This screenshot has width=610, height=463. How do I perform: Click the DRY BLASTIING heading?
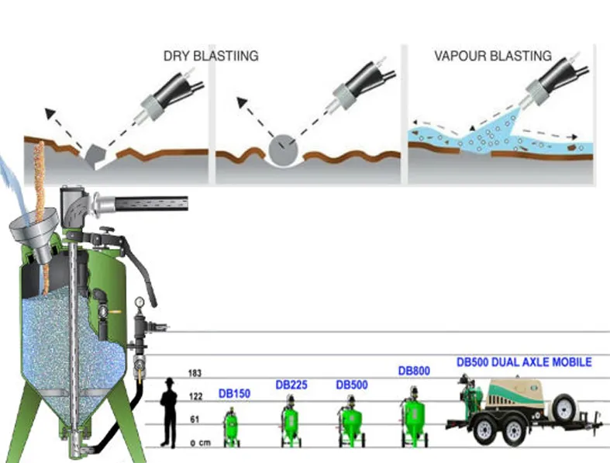pyautogui.click(x=210, y=56)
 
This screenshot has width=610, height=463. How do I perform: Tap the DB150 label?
pyautogui.click(x=234, y=394)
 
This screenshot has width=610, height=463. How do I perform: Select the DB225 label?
pyautogui.click(x=292, y=385)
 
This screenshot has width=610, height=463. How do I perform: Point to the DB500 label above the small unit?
pyautogui.click(x=352, y=385)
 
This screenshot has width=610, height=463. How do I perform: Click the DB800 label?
pyautogui.click(x=414, y=371)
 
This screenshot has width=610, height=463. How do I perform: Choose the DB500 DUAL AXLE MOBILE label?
pyautogui.click(x=524, y=362)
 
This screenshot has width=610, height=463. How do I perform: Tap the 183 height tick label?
pyautogui.click(x=195, y=374)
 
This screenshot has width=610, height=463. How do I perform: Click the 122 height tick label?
pyautogui.click(x=195, y=397)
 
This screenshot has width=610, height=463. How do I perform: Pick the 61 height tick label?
pyautogui.click(x=196, y=420)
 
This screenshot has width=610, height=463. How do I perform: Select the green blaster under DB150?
pyautogui.click(x=230, y=427)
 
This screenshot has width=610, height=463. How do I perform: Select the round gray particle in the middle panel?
pyautogui.click(x=281, y=147)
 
